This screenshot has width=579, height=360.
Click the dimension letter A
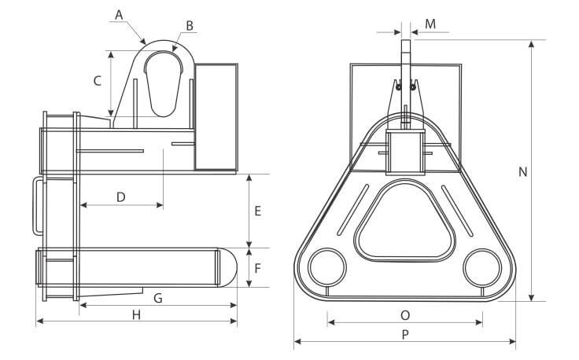click(120, 14)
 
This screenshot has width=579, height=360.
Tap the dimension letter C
click(97, 80)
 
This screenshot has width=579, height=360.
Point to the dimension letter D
click(120, 197)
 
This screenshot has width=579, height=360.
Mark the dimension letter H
click(136, 314)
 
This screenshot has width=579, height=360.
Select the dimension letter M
click(430, 24)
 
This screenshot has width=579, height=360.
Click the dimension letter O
click(405, 314)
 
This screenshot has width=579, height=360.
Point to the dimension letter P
click(405, 334)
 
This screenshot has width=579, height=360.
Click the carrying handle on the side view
click(35, 204)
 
